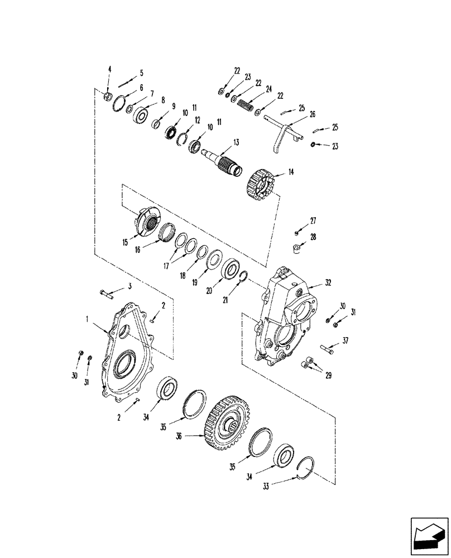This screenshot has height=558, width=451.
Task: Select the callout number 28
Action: tap(313, 237)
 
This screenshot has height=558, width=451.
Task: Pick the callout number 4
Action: tap(110, 70)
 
